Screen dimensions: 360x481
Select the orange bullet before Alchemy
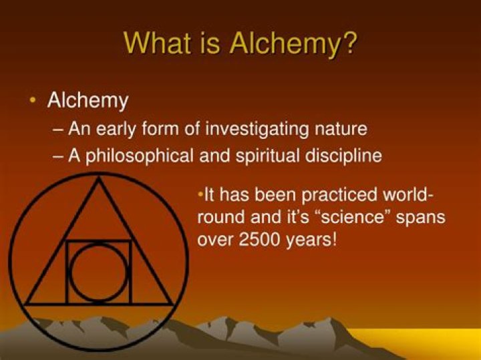pyautogui.click(x=33, y=100)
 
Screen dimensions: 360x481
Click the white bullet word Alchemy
pyautogui.click(x=88, y=101)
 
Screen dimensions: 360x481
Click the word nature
pyautogui.click(x=342, y=128)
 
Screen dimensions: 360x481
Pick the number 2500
pyautogui.click(x=257, y=239)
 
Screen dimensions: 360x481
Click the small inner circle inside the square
pyautogui.click(x=99, y=273)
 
